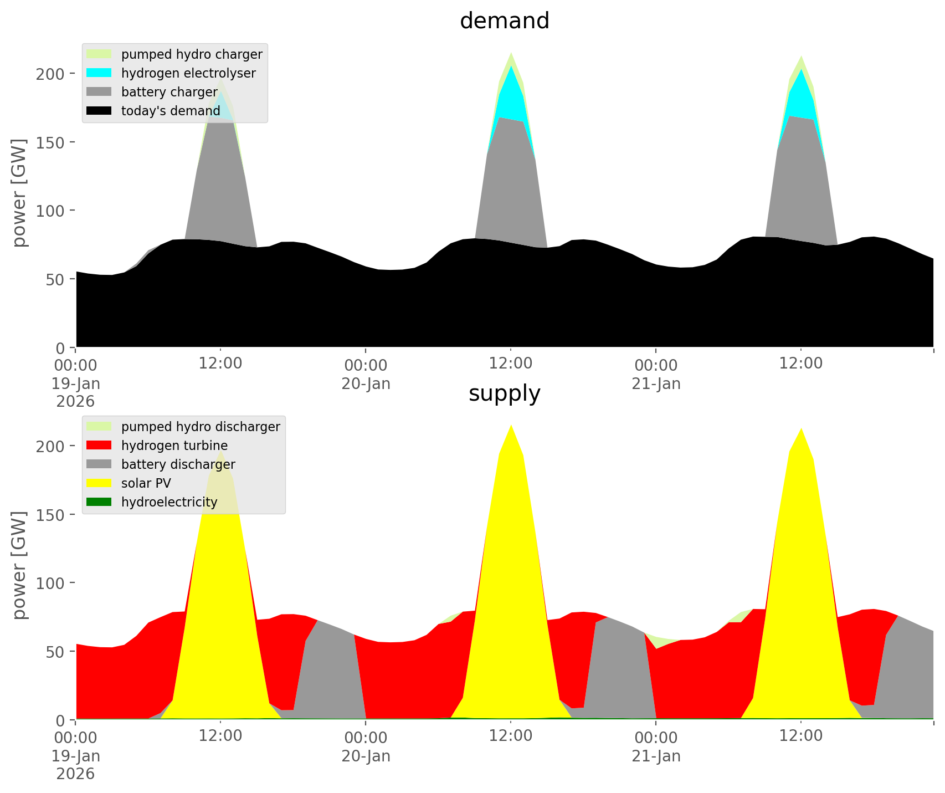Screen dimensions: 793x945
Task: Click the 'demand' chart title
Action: [504, 21]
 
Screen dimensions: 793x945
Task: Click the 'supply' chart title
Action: [504, 393]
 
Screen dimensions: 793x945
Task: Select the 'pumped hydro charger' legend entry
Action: [191, 54]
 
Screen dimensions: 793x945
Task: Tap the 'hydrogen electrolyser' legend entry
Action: [188, 73]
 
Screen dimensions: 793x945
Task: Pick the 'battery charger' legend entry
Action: [169, 92]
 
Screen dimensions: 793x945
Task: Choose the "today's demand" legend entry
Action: [171, 111]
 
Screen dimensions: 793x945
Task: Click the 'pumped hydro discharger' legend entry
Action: [200, 427]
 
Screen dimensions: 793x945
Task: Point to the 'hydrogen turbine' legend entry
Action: [174, 446]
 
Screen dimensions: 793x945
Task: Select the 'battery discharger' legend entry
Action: [178, 464]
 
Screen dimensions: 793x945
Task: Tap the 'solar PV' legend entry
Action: [146, 483]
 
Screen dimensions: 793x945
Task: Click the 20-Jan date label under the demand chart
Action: [366, 383]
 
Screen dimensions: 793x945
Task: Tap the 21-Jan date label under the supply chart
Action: [656, 756]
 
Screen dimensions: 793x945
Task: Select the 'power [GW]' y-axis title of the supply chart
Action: [19, 565]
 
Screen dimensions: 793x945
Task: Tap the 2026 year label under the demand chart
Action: [75, 401]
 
